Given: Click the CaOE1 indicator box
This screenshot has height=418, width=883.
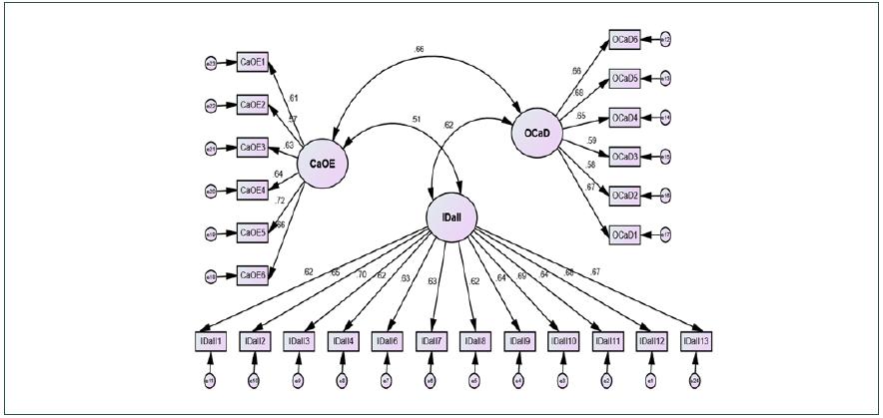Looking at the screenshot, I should point(252,62).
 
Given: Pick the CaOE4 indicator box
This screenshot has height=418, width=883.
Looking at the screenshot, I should point(252,190).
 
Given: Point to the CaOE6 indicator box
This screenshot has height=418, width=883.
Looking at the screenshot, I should point(252,275).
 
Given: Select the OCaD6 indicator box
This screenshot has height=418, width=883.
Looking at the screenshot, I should point(624,40).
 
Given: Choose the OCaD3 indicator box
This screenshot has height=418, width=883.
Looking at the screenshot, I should point(624,157).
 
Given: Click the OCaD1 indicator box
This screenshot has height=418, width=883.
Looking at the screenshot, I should point(624,234).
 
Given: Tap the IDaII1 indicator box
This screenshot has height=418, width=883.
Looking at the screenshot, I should point(212,341).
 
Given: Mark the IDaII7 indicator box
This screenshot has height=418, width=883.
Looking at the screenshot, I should point(432,341).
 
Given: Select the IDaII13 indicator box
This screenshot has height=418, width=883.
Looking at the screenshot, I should point(696,341).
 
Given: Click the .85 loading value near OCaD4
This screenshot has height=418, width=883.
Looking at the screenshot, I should point(580,117).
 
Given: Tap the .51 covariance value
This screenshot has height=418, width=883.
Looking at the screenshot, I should point(416,122).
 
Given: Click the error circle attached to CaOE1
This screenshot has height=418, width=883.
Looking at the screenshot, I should point(211,62).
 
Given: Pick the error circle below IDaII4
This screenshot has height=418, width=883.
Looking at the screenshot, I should point(343,380).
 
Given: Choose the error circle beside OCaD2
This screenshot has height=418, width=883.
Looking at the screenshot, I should point(665,196).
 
